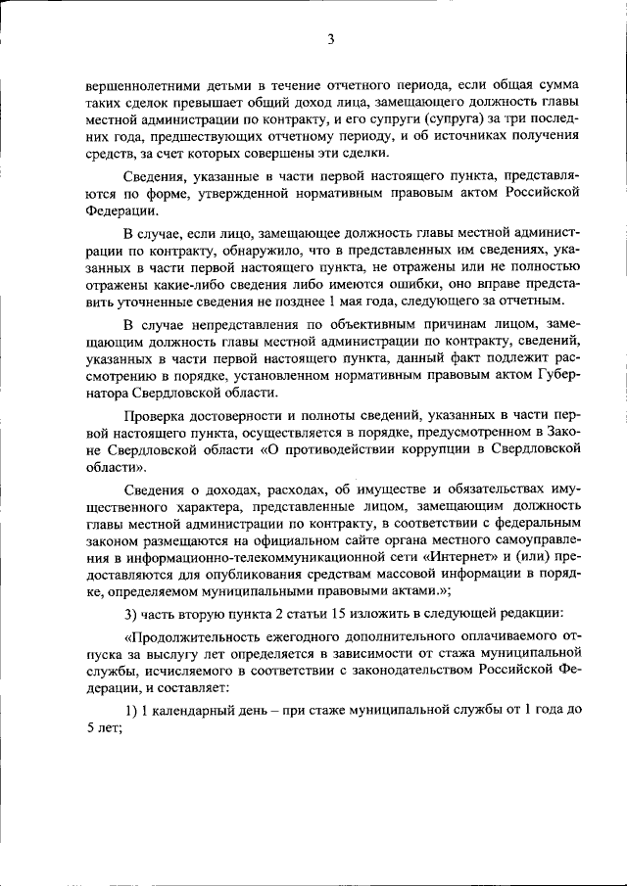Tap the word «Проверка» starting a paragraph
(156, 415)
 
